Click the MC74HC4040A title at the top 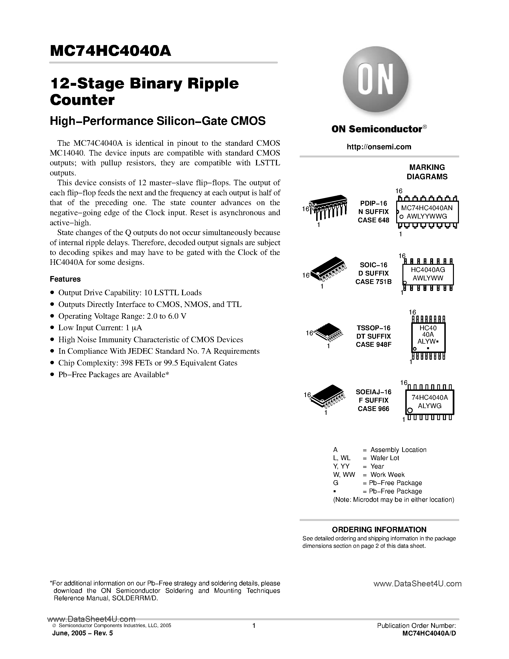point(110,51)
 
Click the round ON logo point(375,80)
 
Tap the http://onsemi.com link point(379,147)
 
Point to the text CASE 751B point(373,282)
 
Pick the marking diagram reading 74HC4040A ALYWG point(429,402)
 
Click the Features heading point(65,279)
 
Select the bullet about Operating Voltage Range point(122,316)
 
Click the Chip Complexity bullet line point(148,363)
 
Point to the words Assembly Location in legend point(398,450)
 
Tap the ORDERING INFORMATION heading point(379,530)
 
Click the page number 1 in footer point(254,626)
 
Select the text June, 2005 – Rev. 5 point(83,633)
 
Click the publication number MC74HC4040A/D point(429,633)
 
